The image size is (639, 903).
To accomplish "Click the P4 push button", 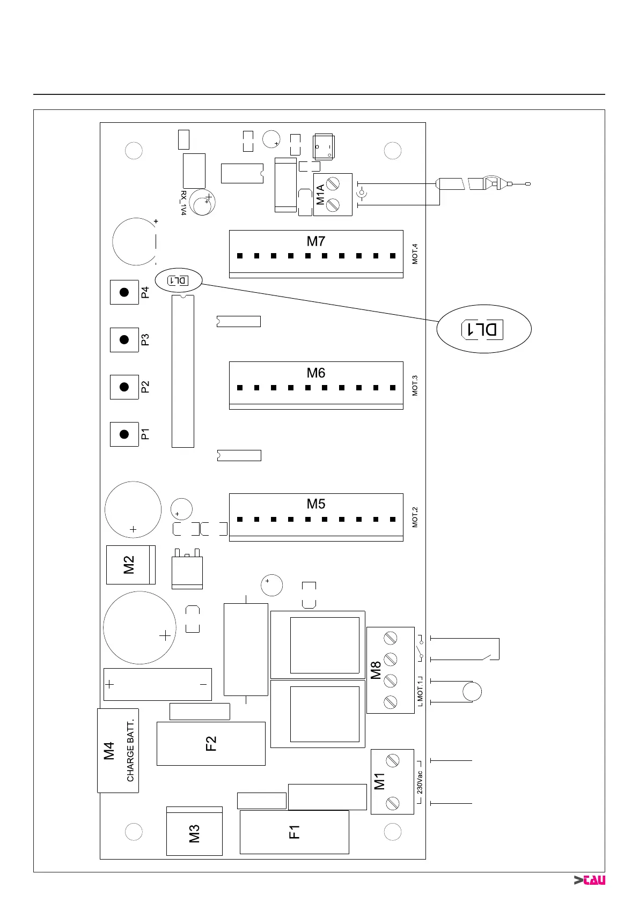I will click(124, 292).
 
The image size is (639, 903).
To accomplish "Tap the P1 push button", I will click(124, 434).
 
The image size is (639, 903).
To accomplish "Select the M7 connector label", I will click(316, 241).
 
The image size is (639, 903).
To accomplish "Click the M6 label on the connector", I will click(316, 373).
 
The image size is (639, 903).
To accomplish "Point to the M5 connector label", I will click(316, 504).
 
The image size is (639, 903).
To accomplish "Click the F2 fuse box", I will click(211, 743).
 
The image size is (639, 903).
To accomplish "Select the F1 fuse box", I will click(294, 832).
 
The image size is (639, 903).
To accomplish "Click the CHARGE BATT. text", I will click(130, 750).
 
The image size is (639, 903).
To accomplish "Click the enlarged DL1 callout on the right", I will click(483, 329).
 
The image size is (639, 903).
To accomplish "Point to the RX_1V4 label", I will click(183, 203).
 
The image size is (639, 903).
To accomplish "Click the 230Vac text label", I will click(420, 782).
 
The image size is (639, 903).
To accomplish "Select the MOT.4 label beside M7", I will click(415, 254).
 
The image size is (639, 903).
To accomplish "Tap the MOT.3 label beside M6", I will click(415, 386).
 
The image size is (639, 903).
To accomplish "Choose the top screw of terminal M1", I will click(393, 760).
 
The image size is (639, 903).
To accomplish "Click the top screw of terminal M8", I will click(391, 638).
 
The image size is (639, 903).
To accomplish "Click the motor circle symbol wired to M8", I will click(472, 691).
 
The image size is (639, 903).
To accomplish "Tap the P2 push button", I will click(124, 387).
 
